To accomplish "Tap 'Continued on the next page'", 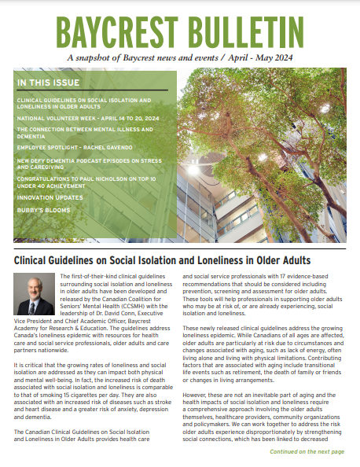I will click(x=307, y=452).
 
